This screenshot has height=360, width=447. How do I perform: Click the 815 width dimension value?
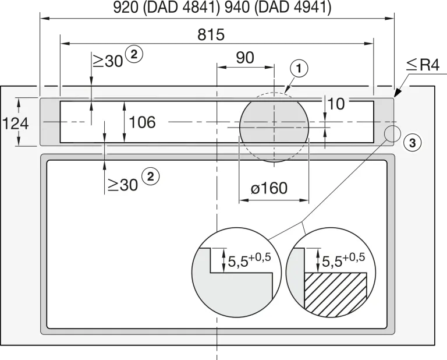click(211, 35)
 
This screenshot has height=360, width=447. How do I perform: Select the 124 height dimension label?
click(15, 124)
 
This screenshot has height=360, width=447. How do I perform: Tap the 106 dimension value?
click(142, 122)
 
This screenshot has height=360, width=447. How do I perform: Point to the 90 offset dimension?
click(245, 58)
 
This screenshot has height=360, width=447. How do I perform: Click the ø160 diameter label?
click(269, 188)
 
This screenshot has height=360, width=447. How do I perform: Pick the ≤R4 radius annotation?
click(423, 65)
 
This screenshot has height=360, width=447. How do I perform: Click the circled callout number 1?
click(299, 69)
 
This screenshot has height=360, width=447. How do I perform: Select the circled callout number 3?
click(413, 143)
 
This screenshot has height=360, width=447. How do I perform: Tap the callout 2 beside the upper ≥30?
click(134, 54)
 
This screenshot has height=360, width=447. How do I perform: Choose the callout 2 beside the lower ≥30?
click(150, 177)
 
